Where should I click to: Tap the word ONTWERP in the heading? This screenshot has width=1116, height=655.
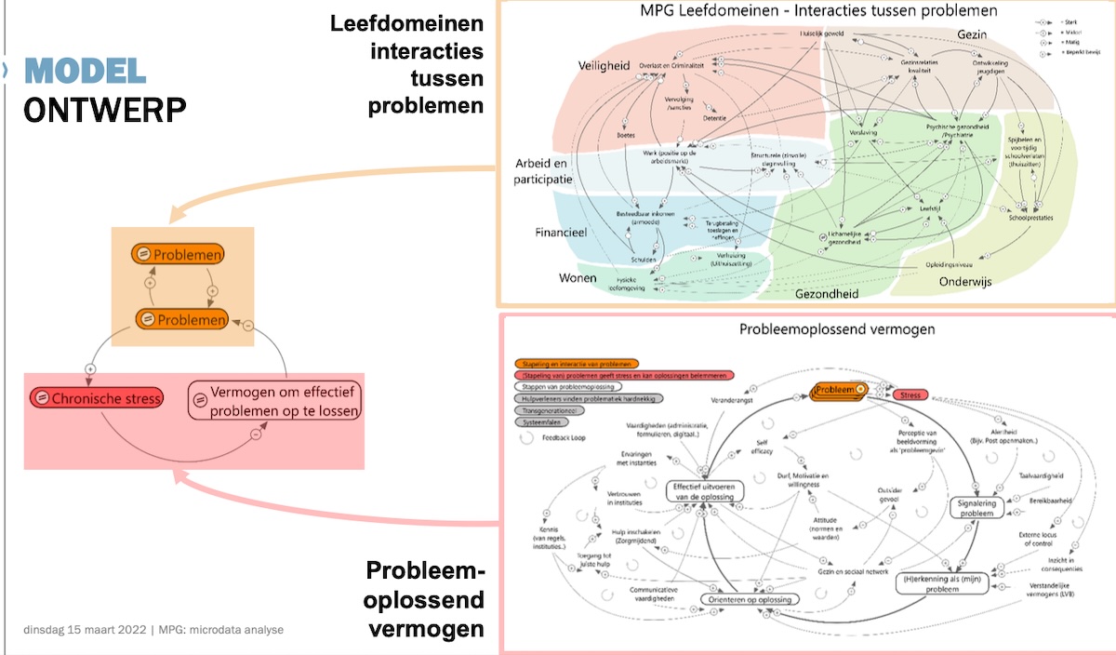click(104, 109)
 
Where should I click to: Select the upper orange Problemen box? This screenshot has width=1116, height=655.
click(181, 253)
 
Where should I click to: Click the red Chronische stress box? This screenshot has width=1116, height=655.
click(97, 398)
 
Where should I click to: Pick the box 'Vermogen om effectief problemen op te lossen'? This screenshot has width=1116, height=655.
click(276, 401)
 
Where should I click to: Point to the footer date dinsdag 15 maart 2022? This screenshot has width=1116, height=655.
click(85, 630)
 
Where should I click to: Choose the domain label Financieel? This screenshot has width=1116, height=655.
click(559, 233)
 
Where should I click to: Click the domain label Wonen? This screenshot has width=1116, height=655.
click(578, 278)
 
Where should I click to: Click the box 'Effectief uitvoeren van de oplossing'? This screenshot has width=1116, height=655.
click(705, 491)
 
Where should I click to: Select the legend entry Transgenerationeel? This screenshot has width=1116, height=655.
click(551, 409)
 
